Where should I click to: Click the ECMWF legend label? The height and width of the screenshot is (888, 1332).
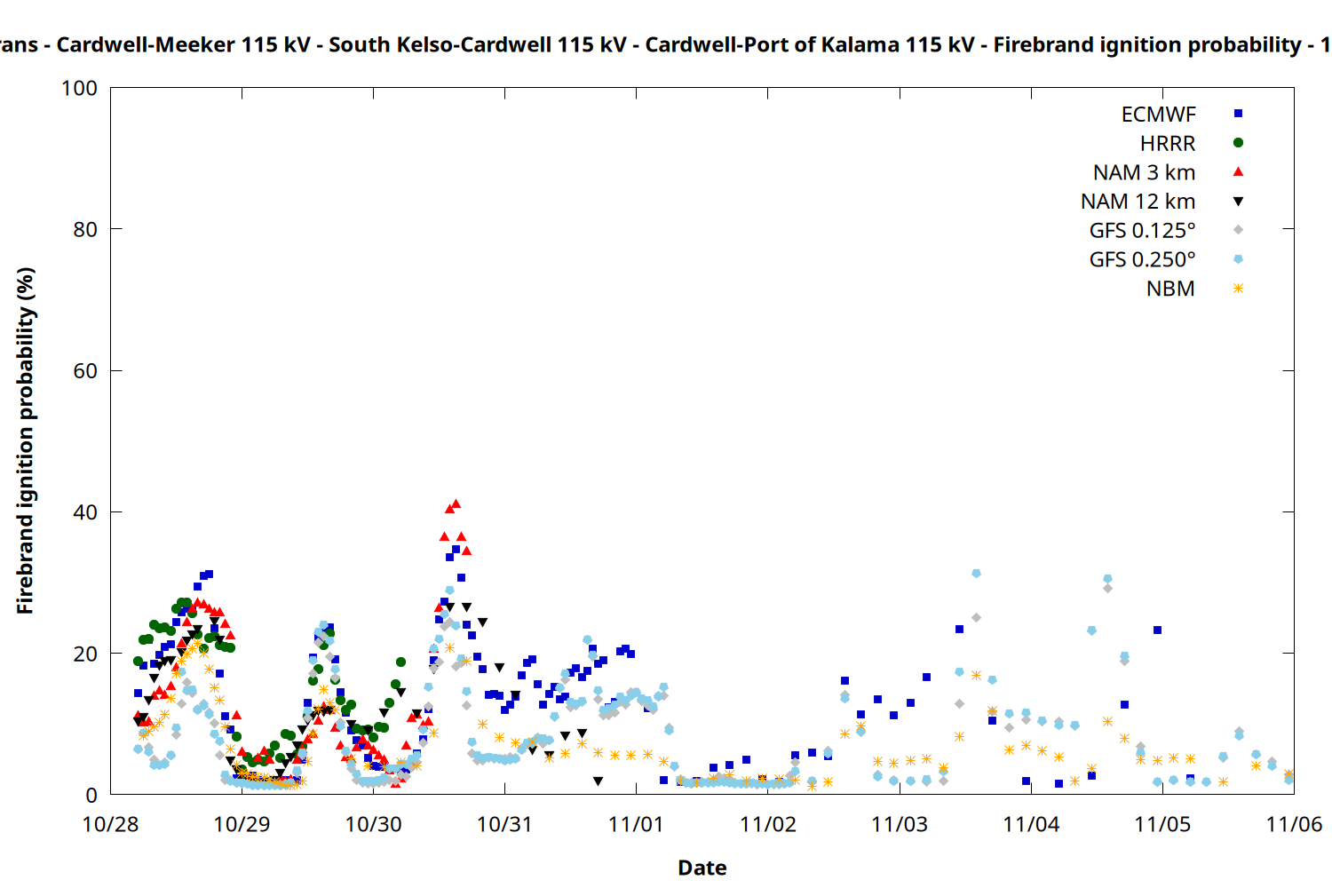tap(1158, 115)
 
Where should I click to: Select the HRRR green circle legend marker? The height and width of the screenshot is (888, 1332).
tap(1238, 143)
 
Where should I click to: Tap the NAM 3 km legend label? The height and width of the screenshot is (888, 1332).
tap(1144, 172)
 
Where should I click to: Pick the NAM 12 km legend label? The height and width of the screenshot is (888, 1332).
tap(1138, 202)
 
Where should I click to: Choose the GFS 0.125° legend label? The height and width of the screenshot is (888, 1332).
tap(1142, 231)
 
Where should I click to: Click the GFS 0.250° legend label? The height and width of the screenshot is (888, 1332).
tap(1142, 260)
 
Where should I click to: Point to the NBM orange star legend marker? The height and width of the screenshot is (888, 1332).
tap(1238, 289)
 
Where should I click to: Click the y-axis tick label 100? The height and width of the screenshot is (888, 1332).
tap(79, 88)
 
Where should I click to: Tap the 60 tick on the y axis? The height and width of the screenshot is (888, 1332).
tap(85, 371)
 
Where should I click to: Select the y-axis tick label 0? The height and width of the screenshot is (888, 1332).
tap(91, 795)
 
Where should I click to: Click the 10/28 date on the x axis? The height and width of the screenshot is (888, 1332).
tap(110, 824)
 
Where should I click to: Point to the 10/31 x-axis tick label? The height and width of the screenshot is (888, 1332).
tap(504, 824)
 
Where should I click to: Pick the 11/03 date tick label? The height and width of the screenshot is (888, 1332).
tap(900, 824)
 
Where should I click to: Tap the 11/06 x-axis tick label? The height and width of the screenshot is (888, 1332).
tap(1293, 824)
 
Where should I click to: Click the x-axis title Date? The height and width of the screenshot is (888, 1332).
tap(702, 868)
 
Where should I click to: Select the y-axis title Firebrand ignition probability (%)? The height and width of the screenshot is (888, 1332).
tap(26, 440)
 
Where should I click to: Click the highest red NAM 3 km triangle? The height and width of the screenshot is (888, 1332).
tap(456, 503)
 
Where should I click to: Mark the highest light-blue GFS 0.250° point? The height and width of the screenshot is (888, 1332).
tap(976, 574)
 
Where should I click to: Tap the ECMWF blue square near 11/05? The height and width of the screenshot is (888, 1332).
tap(1157, 630)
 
